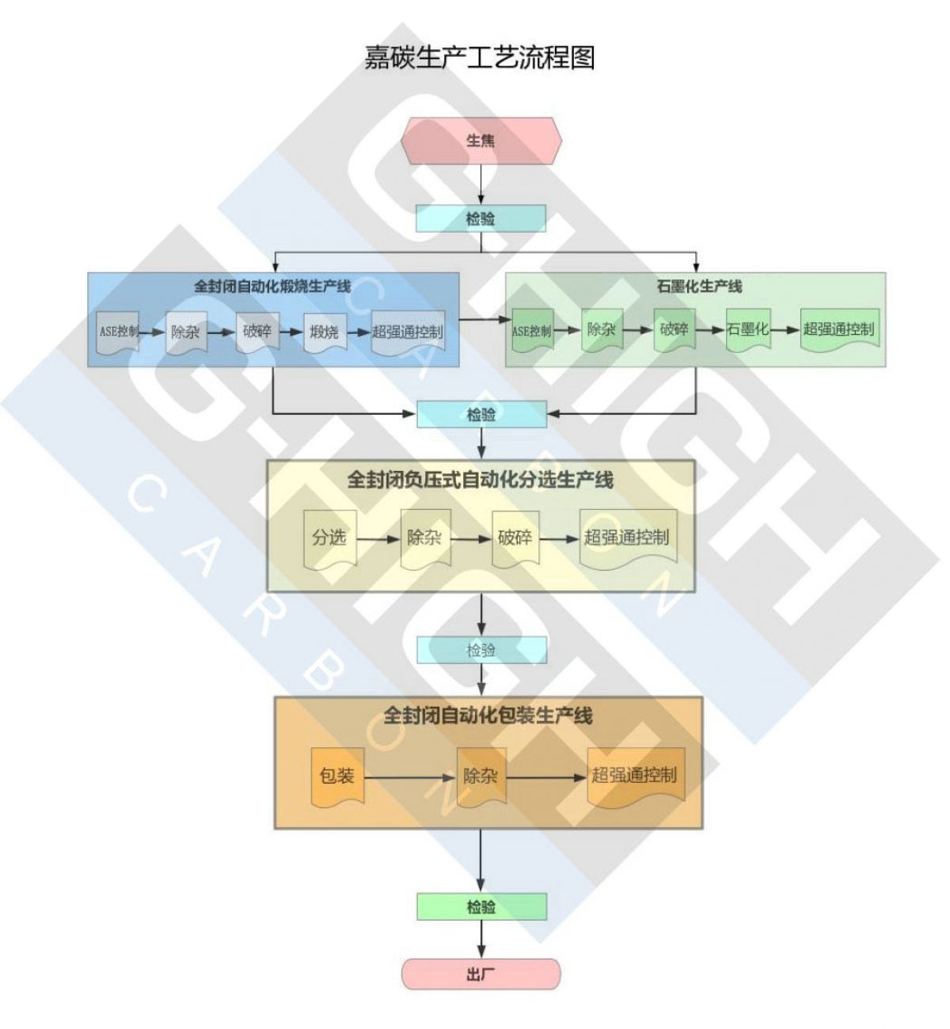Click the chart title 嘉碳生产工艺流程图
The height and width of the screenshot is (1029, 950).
[x=480, y=58]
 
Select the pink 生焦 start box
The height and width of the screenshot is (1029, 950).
[x=481, y=141]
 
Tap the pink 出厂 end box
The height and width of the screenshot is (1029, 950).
[x=481, y=974]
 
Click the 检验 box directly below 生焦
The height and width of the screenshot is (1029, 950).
[x=481, y=218]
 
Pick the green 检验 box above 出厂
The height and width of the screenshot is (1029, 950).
[x=481, y=907]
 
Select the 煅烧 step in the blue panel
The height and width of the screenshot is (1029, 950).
[x=324, y=331]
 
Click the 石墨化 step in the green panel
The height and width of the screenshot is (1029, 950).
[x=747, y=328]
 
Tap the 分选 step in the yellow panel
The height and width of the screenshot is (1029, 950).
[x=329, y=538]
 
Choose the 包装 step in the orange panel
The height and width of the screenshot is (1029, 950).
[x=337, y=776]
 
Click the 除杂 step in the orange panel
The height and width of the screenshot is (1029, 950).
[x=481, y=776]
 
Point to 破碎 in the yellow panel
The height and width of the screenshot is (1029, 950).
[x=515, y=538]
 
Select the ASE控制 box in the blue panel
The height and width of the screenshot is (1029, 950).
[x=118, y=331]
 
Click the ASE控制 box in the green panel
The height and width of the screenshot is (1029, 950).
[x=531, y=331]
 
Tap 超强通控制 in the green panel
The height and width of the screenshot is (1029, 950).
[x=839, y=328]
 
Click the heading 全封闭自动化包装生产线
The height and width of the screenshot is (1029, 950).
[x=488, y=716]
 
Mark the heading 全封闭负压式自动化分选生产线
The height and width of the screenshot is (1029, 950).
[x=480, y=480]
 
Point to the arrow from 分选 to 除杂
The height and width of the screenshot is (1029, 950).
[x=378, y=539]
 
